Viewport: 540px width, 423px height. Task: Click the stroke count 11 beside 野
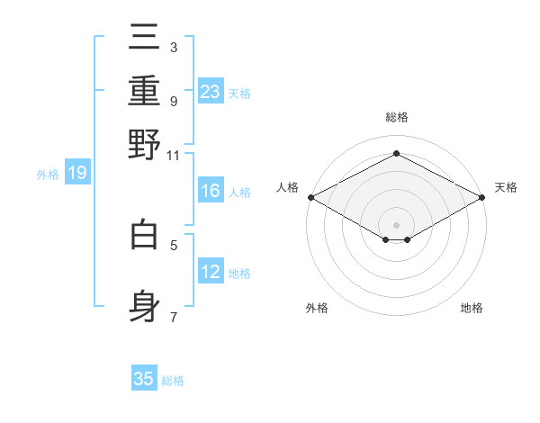tap(173, 155)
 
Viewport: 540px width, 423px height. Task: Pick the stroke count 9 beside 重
tap(173, 101)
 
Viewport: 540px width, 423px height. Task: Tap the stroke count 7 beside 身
tap(173, 317)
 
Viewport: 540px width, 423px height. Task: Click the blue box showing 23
tap(211, 91)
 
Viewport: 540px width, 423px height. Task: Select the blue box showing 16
tap(211, 191)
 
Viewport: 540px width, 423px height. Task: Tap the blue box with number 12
tap(211, 271)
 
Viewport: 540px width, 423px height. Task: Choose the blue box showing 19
tap(76, 173)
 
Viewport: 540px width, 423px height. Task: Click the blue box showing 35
tap(144, 379)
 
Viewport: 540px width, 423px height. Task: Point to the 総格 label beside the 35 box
tap(173, 381)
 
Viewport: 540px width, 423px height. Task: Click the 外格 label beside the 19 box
tap(48, 175)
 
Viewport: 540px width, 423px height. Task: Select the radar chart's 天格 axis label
tap(506, 187)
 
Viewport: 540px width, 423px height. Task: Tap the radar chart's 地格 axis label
tap(472, 308)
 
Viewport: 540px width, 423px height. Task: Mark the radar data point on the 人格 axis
tap(310, 197)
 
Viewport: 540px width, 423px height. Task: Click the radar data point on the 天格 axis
tap(482, 197)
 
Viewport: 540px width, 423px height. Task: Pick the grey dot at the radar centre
tap(397, 224)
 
